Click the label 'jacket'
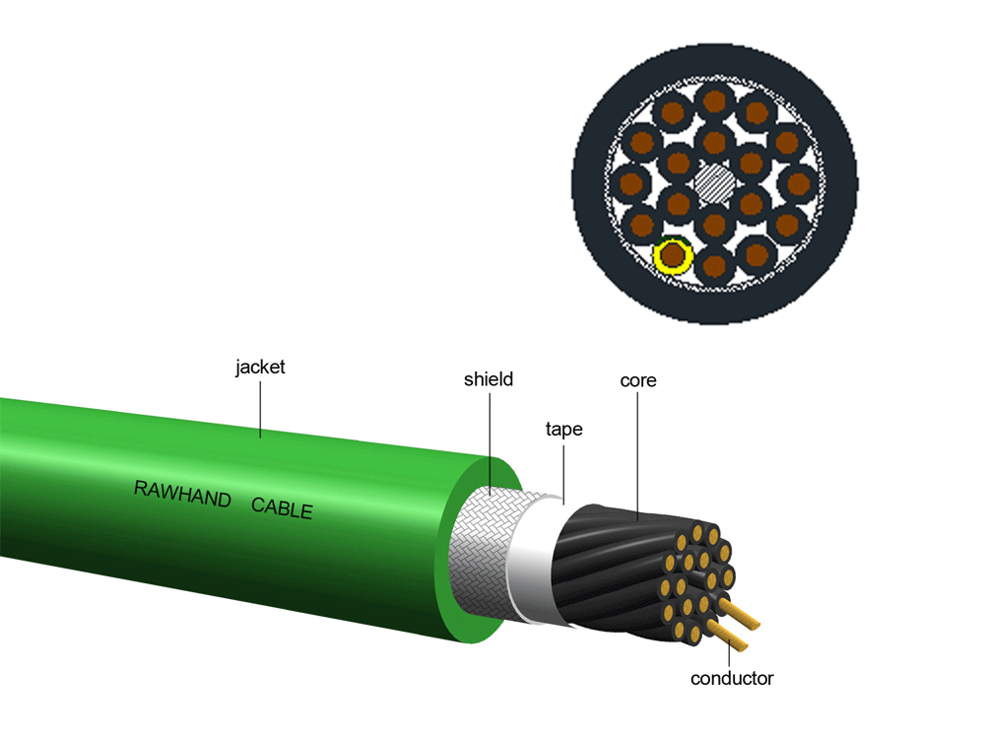[260, 368]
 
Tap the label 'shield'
[489, 378]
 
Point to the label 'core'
[637, 379]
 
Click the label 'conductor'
[732, 678]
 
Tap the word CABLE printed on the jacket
[282, 507]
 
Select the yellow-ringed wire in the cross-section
[673, 256]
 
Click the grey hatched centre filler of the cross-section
[714, 182]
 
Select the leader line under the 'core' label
[637, 453]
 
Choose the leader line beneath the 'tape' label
[563, 471]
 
